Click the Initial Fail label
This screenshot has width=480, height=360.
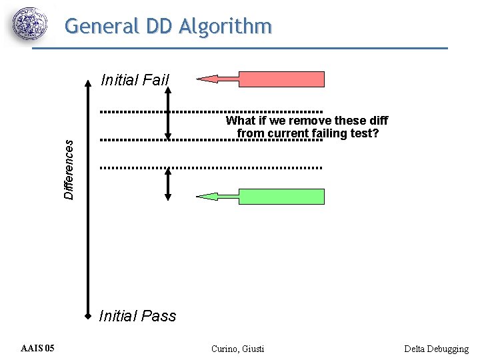[x=135, y=81]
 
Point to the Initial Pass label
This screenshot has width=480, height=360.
[x=137, y=316]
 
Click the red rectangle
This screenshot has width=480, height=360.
[x=281, y=79]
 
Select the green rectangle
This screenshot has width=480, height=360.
[x=281, y=197]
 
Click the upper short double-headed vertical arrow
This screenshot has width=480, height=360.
[x=168, y=113]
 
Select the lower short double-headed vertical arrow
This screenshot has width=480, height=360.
[x=168, y=184]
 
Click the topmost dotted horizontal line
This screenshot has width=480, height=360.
[x=212, y=111]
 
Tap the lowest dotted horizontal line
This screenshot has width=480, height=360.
[x=212, y=167]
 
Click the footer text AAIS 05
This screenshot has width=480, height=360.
[x=38, y=349]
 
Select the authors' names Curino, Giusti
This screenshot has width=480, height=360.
[x=237, y=349]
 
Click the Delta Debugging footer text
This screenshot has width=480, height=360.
[x=436, y=349]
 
